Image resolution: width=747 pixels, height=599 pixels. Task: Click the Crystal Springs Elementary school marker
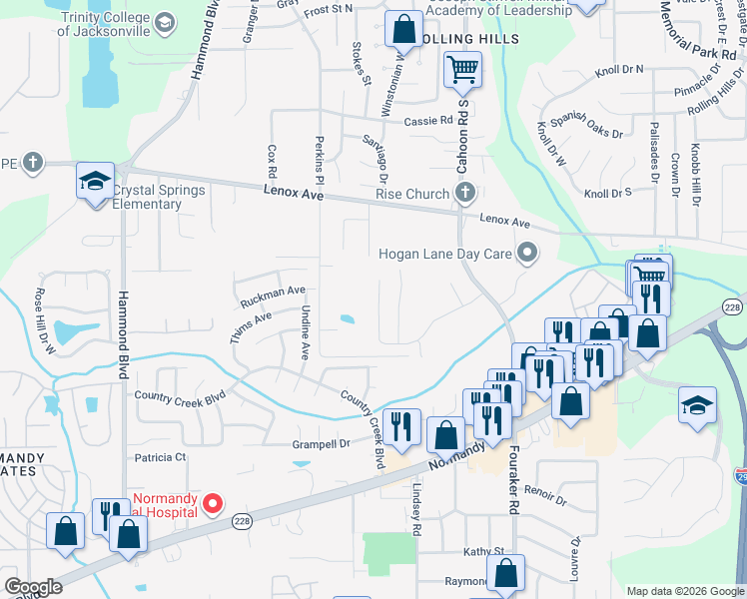[x=95, y=182]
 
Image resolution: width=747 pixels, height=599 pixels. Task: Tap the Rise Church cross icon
[x=463, y=192]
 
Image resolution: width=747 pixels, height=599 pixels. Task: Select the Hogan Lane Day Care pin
[x=527, y=254]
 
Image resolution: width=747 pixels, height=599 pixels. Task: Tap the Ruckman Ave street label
[x=273, y=296]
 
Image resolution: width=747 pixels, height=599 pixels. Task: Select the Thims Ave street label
[x=249, y=327]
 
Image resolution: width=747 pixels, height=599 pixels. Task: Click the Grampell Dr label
[x=321, y=443]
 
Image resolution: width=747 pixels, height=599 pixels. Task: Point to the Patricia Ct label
[x=161, y=457]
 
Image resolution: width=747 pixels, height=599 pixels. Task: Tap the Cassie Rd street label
[x=428, y=121]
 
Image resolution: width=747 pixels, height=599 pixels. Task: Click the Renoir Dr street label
[x=545, y=494]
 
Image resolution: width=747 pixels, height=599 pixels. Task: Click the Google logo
[x=33, y=587]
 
